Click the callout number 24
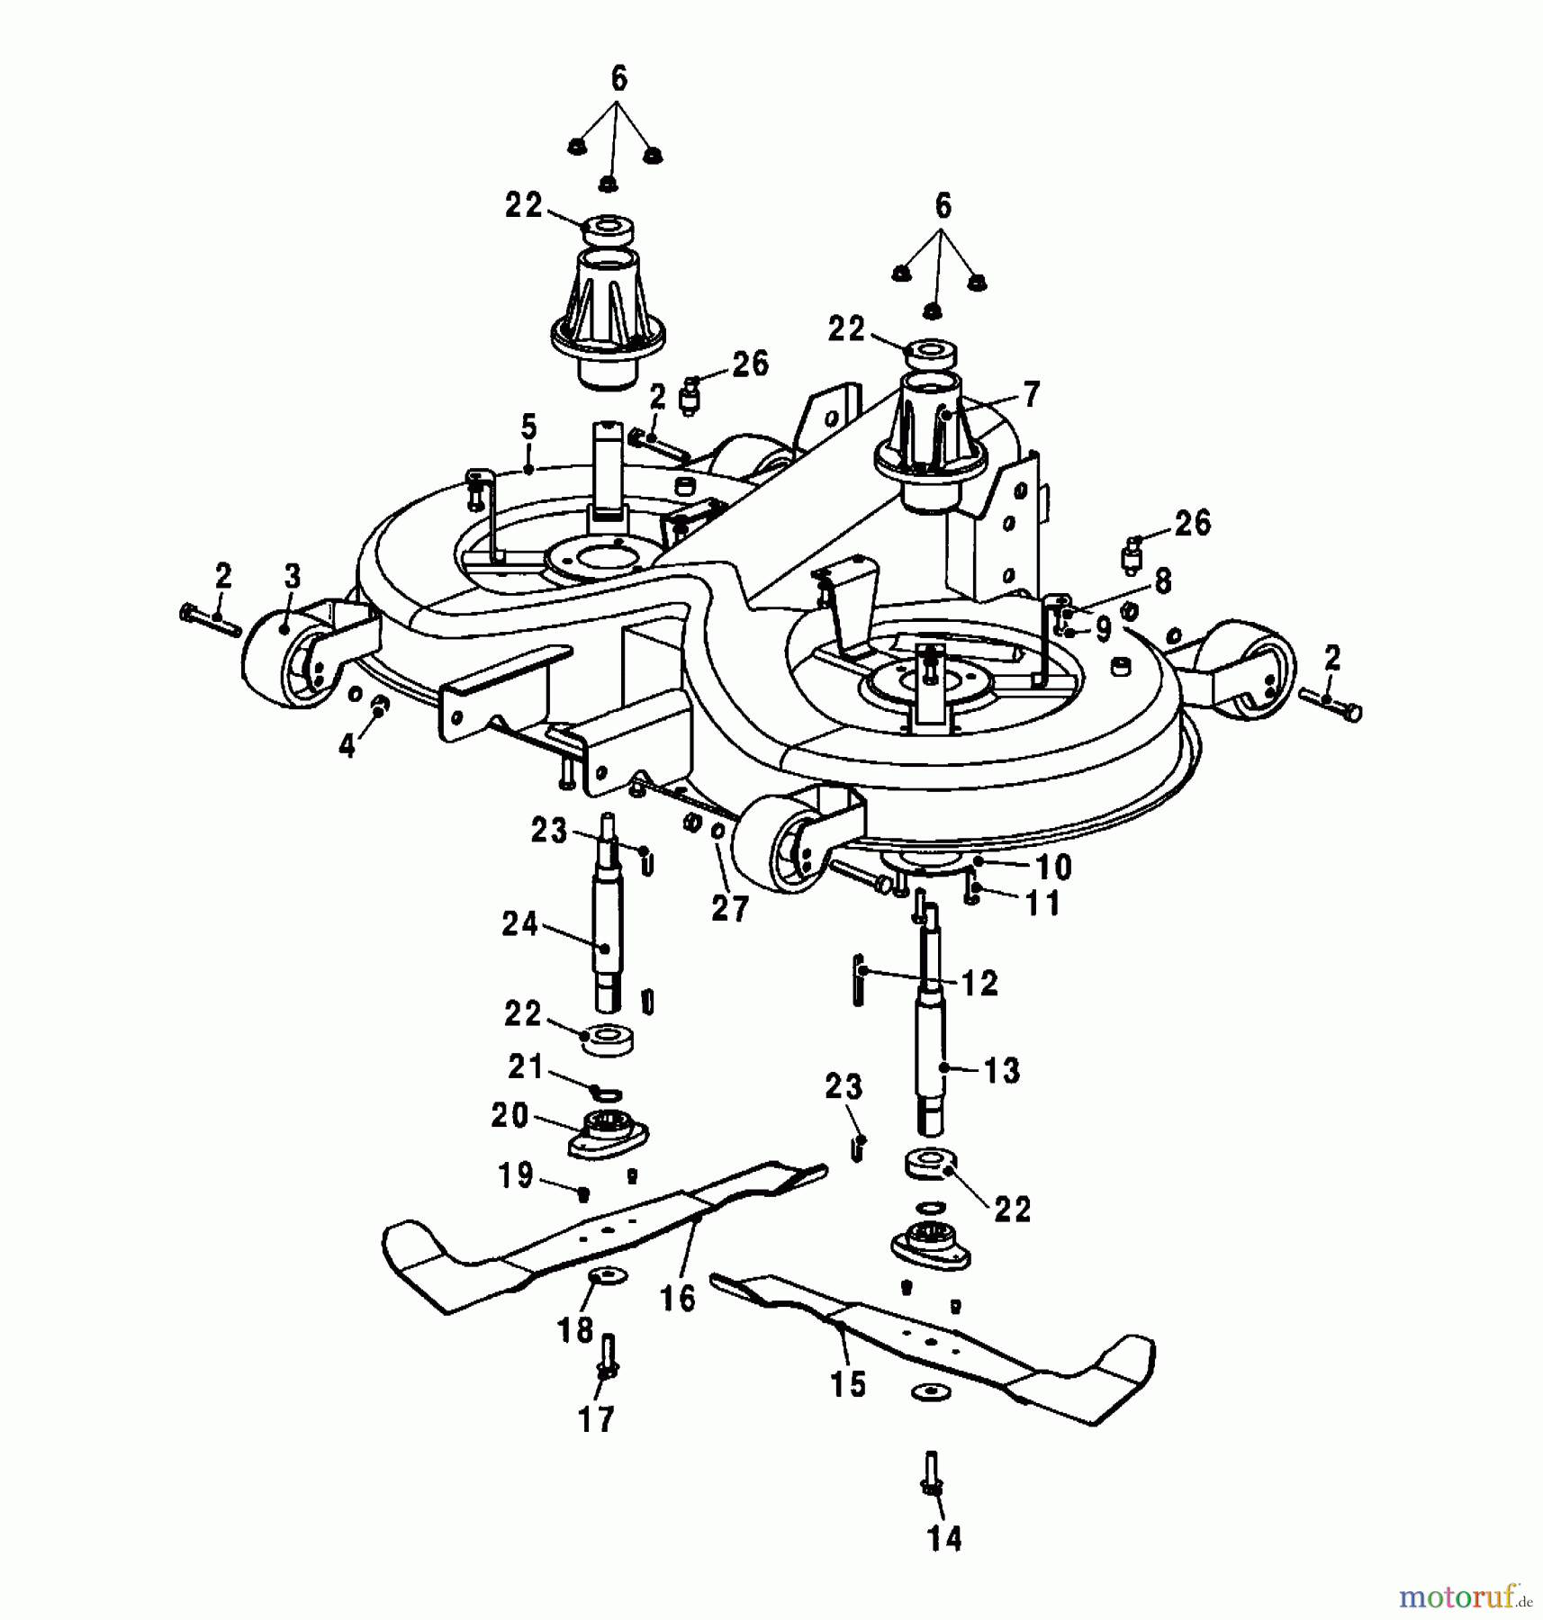click(x=520, y=924)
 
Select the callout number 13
click(x=1002, y=1071)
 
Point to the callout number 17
click(x=596, y=1419)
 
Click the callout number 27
click(x=729, y=908)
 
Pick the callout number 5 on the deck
click(x=528, y=427)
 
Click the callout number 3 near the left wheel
click(x=293, y=576)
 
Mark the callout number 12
click(x=979, y=983)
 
